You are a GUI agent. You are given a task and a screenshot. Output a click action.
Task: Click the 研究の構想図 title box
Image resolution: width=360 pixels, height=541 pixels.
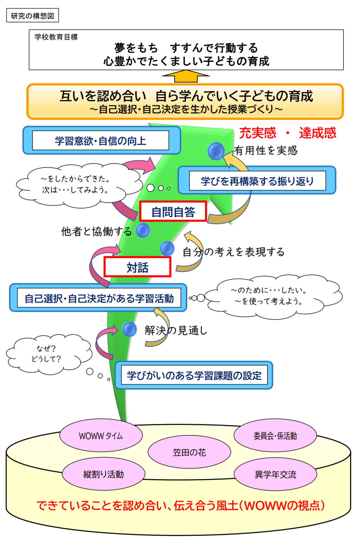[x=32, y=16]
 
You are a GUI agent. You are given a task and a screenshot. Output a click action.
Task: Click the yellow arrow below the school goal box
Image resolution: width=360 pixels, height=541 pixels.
[x=186, y=76]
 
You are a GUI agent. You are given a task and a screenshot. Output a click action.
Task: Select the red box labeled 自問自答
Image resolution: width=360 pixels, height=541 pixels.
[x=173, y=211]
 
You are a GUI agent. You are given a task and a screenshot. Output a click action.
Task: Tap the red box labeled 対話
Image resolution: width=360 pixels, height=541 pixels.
[x=137, y=267]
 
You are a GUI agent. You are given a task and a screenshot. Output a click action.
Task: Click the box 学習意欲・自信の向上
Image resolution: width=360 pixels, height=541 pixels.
[x=101, y=141]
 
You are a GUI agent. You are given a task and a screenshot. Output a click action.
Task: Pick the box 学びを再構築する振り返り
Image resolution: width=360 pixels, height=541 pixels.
[x=257, y=181]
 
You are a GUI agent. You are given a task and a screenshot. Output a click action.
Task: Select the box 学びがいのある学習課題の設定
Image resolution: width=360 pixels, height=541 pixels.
[x=194, y=375]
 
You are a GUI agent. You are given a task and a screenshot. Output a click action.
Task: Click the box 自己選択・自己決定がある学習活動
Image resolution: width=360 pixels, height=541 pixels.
[x=99, y=298]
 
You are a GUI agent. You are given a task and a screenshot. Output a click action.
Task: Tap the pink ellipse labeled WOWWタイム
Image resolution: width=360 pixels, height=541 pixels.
[x=101, y=436]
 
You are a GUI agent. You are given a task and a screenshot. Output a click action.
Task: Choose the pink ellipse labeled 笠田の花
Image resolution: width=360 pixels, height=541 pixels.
[x=189, y=452]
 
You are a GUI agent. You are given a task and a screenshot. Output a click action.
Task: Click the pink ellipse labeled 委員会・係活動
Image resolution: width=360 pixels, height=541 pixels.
[x=275, y=436]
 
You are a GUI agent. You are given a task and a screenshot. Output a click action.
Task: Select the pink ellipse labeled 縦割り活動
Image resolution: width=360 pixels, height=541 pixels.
[x=103, y=474]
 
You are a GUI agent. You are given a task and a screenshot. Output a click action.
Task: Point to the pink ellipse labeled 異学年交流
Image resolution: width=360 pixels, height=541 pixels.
[x=275, y=475]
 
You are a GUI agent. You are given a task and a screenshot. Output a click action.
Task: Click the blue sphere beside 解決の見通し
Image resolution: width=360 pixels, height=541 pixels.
[x=129, y=329]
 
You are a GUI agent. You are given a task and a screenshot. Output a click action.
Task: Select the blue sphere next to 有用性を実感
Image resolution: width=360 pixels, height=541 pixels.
[x=216, y=151]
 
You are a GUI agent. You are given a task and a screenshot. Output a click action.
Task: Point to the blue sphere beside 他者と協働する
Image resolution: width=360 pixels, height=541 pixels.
[x=143, y=230]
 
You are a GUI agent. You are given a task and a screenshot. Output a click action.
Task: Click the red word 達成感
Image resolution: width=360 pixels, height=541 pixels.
[x=317, y=133]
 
